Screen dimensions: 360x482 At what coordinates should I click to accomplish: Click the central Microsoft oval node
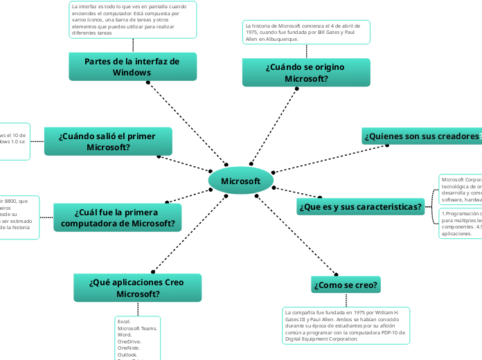(240, 181)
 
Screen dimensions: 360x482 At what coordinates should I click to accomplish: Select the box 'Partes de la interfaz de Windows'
(132, 67)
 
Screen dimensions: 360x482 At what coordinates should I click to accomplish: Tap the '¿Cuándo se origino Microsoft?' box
(306, 73)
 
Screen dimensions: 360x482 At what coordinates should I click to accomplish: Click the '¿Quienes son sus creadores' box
(421, 136)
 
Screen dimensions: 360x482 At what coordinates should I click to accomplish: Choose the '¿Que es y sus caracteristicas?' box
(361, 206)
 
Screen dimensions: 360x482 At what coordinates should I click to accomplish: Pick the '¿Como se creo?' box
(346, 285)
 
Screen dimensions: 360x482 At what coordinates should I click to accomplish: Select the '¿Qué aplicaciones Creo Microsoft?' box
(137, 288)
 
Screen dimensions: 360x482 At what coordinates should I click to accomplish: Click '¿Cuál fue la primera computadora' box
(118, 217)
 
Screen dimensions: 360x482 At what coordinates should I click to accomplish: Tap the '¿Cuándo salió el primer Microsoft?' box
(108, 142)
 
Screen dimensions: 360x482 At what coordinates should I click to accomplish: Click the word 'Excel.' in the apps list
(125, 322)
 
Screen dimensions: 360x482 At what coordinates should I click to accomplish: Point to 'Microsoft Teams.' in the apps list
(137, 328)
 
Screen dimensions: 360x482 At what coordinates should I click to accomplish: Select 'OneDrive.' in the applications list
(130, 341)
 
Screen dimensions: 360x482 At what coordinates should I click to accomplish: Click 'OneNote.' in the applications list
(129, 348)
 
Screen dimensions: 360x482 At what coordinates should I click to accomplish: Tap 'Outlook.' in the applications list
(128, 354)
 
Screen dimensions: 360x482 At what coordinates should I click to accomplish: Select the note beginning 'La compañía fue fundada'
(346, 325)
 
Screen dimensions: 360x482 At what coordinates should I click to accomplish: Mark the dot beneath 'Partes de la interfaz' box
(148, 82)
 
